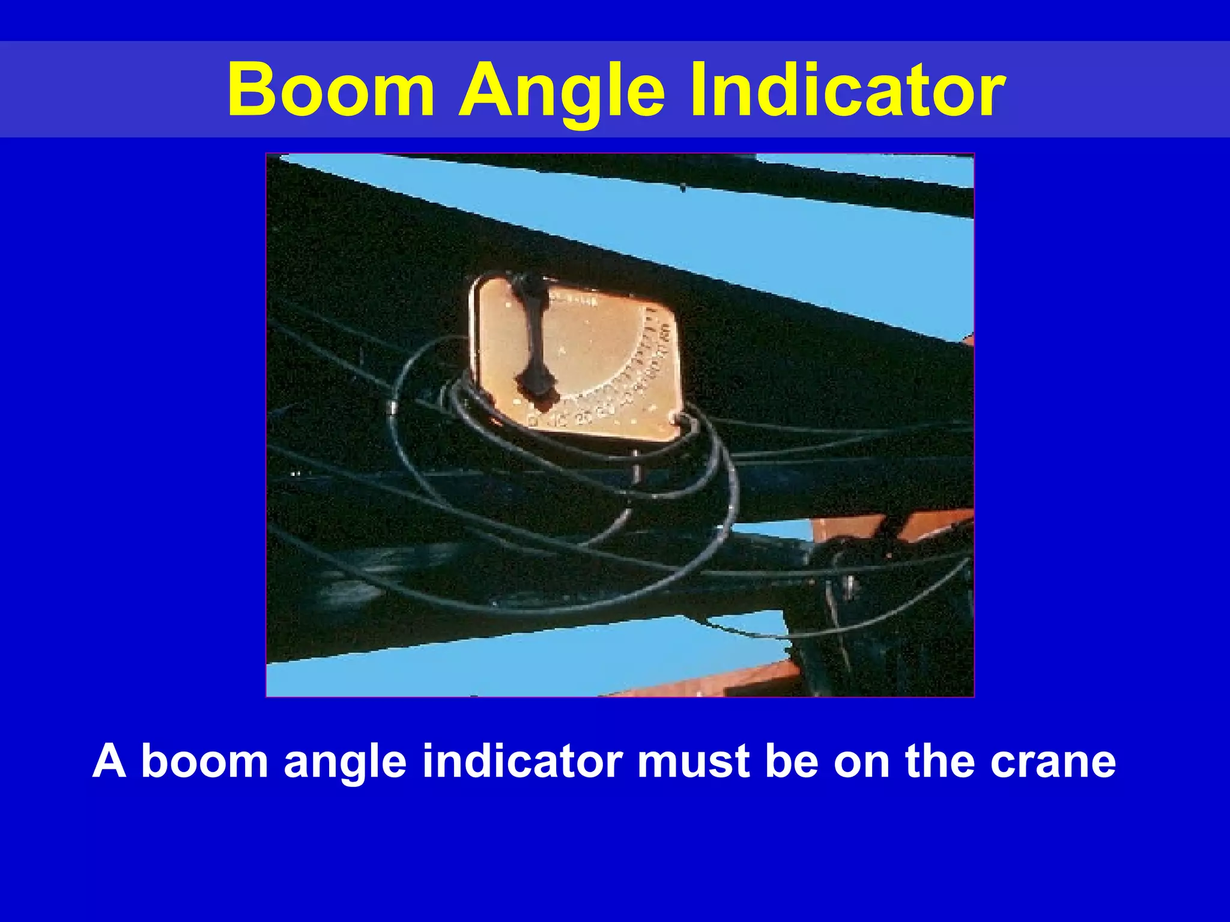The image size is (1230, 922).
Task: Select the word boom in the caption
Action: (204, 761)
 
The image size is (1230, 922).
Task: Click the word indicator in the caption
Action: (523, 761)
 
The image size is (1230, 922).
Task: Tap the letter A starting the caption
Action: (109, 761)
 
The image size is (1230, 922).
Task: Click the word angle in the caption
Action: (345, 761)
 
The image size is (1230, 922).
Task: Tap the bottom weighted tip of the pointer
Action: (538, 390)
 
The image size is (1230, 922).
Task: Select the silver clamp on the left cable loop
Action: (391, 408)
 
